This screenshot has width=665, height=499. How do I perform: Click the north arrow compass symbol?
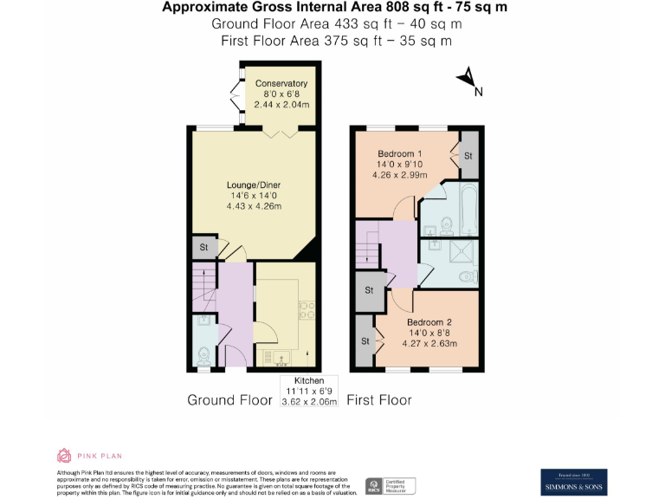click(x=468, y=80)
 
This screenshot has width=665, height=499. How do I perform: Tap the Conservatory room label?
click(x=281, y=83)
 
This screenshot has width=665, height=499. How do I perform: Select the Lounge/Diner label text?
click(x=254, y=185)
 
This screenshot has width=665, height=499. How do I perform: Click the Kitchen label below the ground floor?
click(x=309, y=380)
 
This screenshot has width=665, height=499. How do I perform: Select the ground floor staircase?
click(x=203, y=285)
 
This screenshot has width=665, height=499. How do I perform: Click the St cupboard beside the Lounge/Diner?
click(x=203, y=248)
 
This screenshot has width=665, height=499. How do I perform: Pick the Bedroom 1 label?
click(x=400, y=153)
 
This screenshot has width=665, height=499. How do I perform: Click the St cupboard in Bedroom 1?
click(x=468, y=155)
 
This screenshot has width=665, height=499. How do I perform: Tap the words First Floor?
click(x=379, y=399)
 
